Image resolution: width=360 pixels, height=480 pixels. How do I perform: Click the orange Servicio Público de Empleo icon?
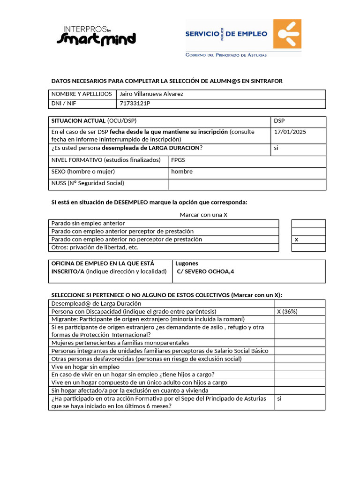point(287,34)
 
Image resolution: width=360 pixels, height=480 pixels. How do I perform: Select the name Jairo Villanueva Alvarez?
point(151,94)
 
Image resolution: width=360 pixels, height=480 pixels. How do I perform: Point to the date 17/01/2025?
point(290,132)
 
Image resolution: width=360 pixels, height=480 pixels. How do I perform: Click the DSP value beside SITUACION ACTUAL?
point(279,121)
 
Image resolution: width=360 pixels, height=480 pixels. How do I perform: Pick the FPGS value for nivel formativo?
point(178,160)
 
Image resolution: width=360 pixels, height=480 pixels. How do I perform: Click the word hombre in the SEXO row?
point(182,172)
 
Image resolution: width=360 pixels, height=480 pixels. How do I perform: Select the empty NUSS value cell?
point(247,184)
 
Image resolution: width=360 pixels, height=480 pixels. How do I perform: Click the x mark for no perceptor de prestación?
point(296,240)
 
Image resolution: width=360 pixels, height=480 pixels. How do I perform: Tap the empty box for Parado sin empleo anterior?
point(308,224)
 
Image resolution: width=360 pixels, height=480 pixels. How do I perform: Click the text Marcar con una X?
point(203,215)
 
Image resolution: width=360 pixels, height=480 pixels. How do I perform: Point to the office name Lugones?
point(187,263)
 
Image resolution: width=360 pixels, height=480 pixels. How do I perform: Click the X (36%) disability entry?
point(287,312)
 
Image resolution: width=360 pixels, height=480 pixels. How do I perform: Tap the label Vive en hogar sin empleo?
point(85,367)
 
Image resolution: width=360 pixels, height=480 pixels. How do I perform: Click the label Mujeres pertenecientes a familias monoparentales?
point(120,343)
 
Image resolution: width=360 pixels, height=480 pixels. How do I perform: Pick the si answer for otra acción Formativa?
point(279,399)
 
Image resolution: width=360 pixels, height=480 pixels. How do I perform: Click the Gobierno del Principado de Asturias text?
point(226,55)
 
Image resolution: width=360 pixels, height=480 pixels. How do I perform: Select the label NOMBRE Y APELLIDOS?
point(82,94)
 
